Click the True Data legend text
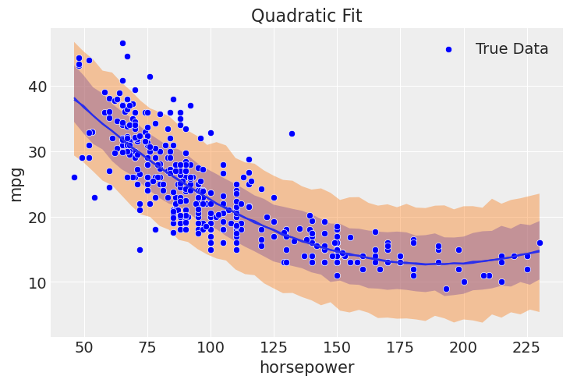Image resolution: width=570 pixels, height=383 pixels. (512, 49)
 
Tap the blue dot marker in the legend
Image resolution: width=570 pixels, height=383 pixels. (448, 49)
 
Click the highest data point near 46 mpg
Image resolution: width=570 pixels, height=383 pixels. (122, 44)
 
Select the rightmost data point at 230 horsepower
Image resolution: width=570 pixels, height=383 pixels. (540, 243)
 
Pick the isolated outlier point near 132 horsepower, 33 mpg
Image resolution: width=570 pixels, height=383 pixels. (292, 133)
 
